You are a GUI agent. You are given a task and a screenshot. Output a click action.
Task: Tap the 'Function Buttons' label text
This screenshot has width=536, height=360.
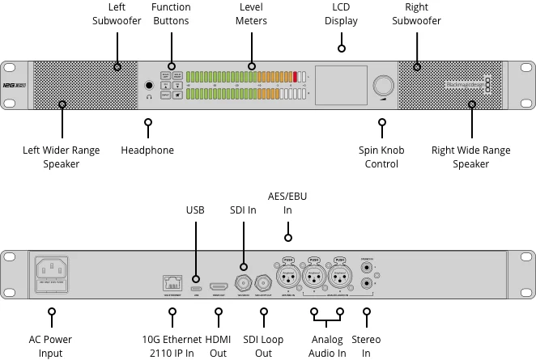(x=171, y=14)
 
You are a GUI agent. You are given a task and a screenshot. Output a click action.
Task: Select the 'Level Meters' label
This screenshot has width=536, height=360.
(x=251, y=14)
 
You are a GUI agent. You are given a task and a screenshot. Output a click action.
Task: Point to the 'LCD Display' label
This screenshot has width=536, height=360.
(x=341, y=14)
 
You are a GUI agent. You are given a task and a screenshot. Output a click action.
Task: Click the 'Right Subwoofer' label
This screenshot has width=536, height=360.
(x=417, y=14)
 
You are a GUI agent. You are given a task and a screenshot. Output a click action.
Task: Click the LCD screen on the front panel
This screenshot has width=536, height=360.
(x=340, y=84)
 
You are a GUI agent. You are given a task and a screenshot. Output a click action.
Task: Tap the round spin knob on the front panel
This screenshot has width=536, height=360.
(x=381, y=86)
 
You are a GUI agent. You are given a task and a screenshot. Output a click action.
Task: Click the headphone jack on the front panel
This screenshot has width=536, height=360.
(x=149, y=85)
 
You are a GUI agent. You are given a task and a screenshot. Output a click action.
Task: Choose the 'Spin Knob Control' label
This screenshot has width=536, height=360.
(x=381, y=157)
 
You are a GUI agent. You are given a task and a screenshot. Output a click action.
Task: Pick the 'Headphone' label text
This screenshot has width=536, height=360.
(x=147, y=150)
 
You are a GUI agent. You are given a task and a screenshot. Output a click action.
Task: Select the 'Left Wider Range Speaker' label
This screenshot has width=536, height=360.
(x=62, y=157)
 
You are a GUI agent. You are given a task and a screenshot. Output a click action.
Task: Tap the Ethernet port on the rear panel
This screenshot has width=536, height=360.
(x=171, y=282)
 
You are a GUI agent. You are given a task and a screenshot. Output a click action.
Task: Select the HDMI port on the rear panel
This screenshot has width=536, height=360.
(x=219, y=286)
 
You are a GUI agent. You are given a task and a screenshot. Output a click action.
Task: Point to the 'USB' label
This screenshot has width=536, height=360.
(x=195, y=210)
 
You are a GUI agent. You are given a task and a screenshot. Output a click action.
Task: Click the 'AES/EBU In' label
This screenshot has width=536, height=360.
(x=287, y=203)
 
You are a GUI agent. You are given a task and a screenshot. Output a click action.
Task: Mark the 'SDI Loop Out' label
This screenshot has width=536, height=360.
(x=263, y=346)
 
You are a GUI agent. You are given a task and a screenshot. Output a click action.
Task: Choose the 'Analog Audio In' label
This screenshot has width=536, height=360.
(x=327, y=346)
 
